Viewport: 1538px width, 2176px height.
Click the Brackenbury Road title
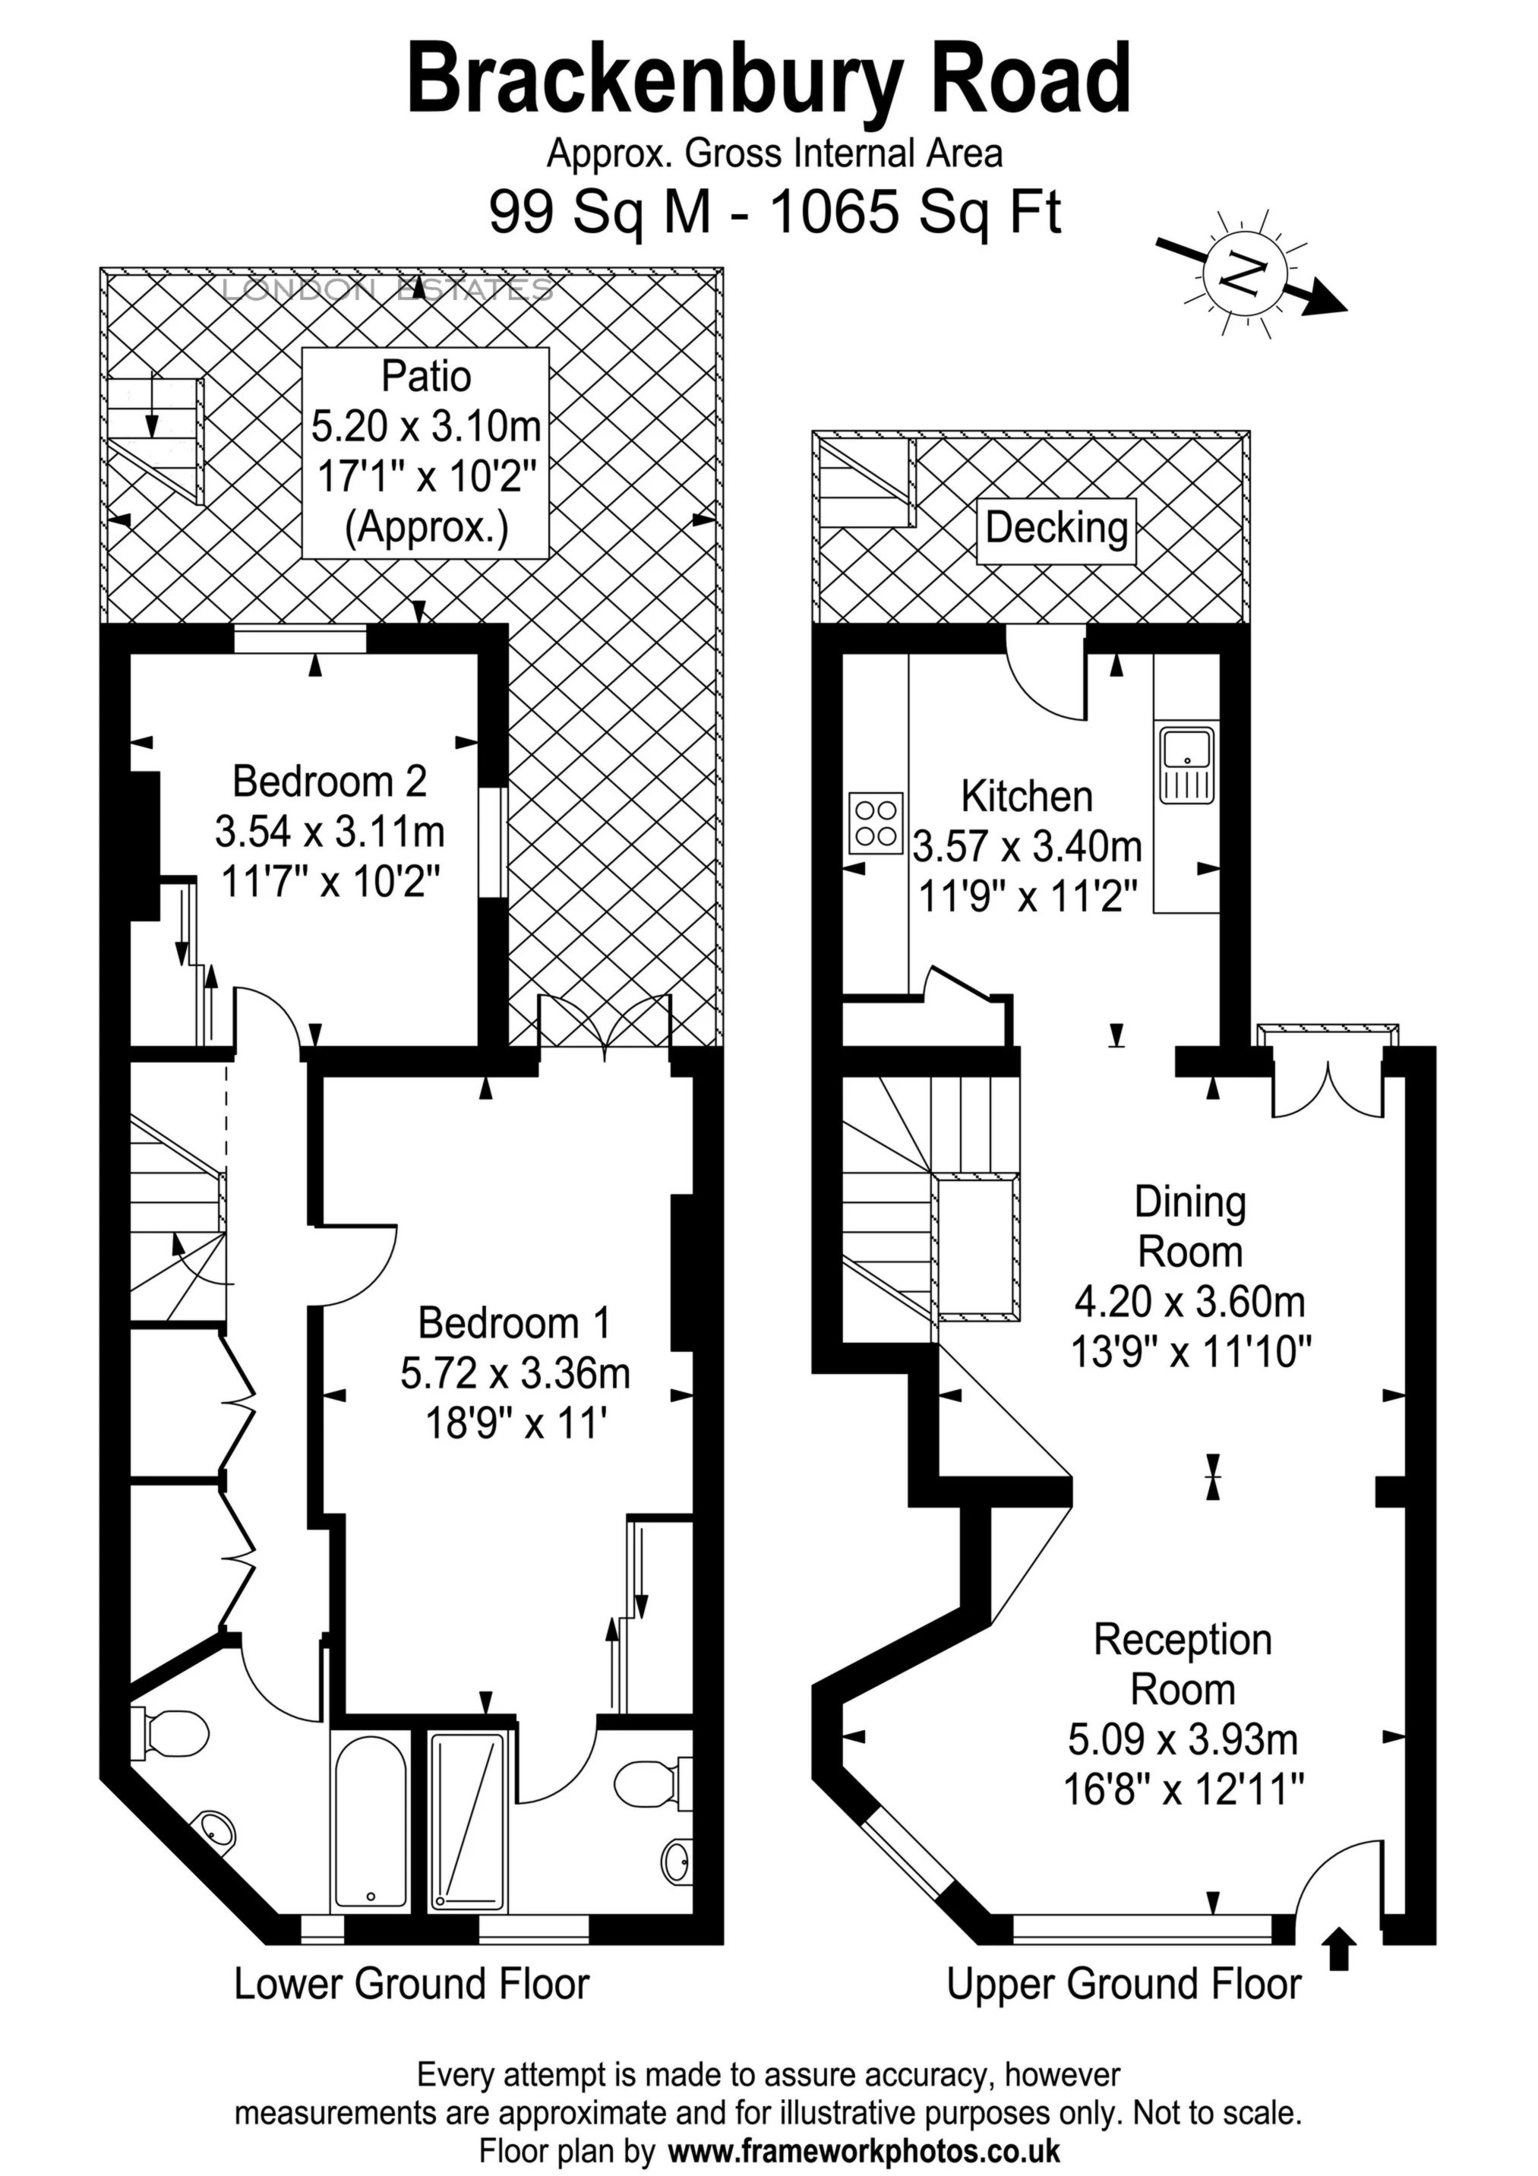(x=769, y=81)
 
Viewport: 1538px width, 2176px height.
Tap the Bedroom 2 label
(x=329, y=782)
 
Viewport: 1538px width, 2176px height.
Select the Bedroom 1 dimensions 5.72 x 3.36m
(x=514, y=1373)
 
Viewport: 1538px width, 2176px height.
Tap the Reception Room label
(x=1183, y=1665)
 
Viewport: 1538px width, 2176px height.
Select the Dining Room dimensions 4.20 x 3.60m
(x=1189, y=1303)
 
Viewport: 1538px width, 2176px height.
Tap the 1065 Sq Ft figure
(x=914, y=213)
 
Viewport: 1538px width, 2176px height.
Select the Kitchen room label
(x=1026, y=797)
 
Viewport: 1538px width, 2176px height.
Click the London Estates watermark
(x=387, y=290)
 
